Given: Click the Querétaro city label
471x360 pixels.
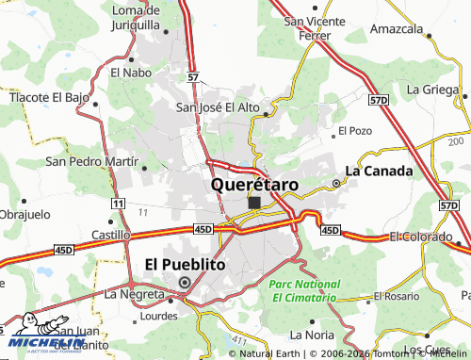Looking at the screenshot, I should pos(255,185).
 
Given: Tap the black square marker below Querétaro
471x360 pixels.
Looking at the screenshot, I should pos(254,202).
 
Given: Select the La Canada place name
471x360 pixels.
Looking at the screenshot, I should pos(379,171).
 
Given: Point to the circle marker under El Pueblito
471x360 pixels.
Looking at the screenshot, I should pos(185,281).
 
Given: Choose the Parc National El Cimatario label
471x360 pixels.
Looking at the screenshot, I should pos(303,289).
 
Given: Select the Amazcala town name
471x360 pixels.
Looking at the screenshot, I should pos(396,29).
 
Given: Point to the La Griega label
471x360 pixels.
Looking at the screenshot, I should pos(433,89).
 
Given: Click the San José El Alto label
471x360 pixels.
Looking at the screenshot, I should pos(218,107).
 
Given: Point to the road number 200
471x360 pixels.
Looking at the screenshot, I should pos(456,141).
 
